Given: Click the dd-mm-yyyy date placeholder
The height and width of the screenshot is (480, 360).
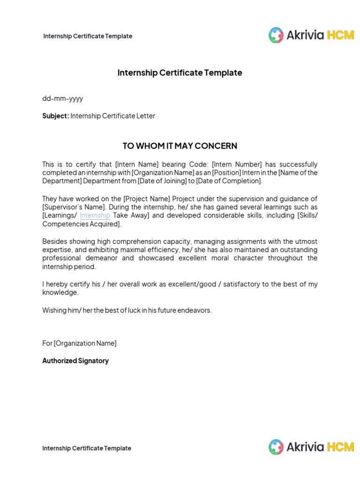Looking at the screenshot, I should tap(63, 98).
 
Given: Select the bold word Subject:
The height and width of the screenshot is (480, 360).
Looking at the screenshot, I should tap(56, 116).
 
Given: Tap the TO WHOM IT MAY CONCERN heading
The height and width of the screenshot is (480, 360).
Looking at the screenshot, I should tap(180, 146).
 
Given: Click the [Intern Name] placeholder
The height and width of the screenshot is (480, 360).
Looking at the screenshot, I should tap(137, 164).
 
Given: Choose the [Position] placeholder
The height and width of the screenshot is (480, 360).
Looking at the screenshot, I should tap(227, 172).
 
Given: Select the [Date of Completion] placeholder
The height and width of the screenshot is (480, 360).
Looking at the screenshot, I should tap(229, 181).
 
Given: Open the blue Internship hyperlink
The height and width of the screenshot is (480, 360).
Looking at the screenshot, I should tap(95, 216).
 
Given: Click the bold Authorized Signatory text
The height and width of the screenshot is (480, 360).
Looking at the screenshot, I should tap(75, 361).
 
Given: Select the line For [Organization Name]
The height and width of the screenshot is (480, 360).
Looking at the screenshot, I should tap(79, 343).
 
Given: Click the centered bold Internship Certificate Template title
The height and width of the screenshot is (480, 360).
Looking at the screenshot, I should tap(180, 73).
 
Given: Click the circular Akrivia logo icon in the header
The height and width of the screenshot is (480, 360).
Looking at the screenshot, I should tap(276, 35).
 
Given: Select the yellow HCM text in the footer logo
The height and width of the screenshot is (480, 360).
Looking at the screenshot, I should tap(340, 447).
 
